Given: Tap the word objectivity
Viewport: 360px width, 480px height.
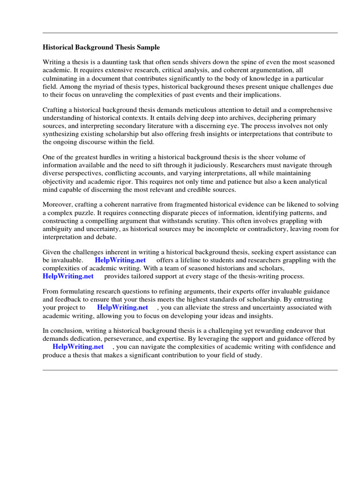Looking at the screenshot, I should [61, 181].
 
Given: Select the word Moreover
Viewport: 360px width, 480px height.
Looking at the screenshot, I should [59, 204].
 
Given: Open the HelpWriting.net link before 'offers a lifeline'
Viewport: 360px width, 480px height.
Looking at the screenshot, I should [120, 260].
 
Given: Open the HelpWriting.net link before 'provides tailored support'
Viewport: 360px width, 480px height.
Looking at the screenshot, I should [68, 276].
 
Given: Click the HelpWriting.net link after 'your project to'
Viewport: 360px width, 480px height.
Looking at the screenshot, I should [122, 307].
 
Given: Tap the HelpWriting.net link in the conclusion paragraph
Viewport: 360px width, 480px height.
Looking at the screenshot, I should [78, 347].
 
